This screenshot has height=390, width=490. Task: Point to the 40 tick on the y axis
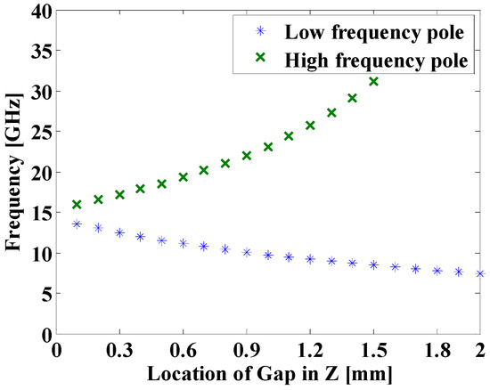(x=39, y=11)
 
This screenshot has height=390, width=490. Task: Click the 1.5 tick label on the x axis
(x=373, y=350)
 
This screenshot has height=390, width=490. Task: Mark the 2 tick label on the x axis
(x=479, y=350)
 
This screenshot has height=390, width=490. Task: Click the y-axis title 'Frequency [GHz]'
(x=12, y=174)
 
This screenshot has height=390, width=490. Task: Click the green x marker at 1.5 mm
(x=373, y=82)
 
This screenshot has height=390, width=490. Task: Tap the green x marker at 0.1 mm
(x=77, y=205)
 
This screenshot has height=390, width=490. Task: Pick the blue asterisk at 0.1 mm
(x=77, y=224)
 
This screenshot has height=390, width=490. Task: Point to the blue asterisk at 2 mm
(x=479, y=273)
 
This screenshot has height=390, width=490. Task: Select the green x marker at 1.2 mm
(x=310, y=126)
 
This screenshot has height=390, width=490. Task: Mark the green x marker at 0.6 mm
(x=183, y=177)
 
